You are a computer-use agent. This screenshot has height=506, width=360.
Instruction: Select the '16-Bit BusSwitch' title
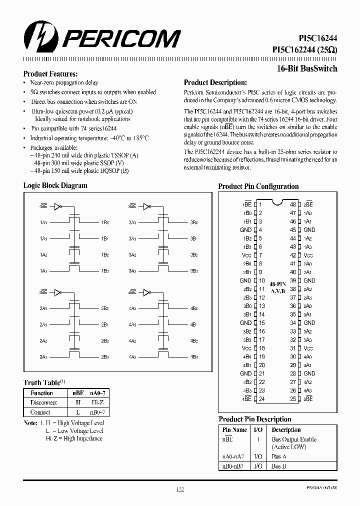tap(307, 69)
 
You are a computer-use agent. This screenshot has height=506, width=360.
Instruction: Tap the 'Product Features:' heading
tap(50, 74)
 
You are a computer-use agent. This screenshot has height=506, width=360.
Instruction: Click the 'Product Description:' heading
tap(215, 82)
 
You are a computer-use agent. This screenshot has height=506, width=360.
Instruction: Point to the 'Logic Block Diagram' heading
tap(55, 185)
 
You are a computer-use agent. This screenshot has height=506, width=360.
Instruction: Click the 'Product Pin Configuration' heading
tap(258, 186)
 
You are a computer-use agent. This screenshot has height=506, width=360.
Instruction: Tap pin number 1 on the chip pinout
tap(260, 204)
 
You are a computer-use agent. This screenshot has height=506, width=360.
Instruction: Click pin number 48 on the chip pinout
tap(293, 204)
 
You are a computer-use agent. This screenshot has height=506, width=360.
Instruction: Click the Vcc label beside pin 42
tap(309, 255)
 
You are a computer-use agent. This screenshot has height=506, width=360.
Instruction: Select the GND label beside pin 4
tap(245, 230)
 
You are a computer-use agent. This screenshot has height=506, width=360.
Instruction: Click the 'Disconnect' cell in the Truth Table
tap(44, 402)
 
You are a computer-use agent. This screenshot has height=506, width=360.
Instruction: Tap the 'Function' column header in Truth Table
tap(41, 393)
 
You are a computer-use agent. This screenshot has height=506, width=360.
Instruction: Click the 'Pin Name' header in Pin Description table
tap(234, 429)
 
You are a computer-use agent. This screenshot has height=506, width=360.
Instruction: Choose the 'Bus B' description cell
tap(279, 466)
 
